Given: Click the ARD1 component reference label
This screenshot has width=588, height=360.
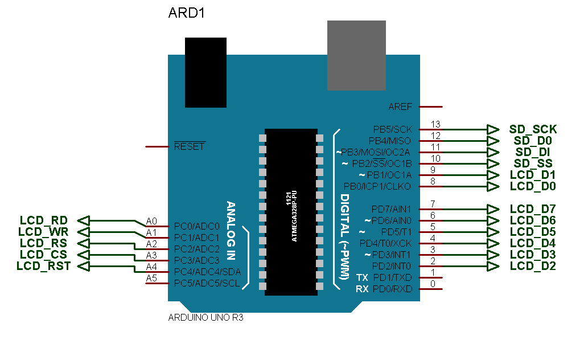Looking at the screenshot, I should click(x=186, y=13).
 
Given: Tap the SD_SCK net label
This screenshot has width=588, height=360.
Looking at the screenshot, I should click(x=533, y=129).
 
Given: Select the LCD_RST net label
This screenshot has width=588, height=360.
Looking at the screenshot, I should click(x=43, y=266).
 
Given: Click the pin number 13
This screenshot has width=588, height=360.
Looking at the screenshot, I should click(x=435, y=124).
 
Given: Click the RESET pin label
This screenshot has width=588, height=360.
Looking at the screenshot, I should click(x=189, y=146).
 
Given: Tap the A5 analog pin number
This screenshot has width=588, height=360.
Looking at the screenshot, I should click(x=151, y=278).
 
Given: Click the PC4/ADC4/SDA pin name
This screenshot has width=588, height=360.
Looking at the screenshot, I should click(x=207, y=272).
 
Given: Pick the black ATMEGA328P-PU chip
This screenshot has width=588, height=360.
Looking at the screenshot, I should click(x=291, y=211).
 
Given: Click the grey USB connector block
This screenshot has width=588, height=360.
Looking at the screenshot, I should click(x=356, y=55).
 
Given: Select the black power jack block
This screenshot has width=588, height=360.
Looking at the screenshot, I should click(x=205, y=72).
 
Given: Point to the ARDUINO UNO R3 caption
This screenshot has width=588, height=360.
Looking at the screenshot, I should click(x=205, y=318).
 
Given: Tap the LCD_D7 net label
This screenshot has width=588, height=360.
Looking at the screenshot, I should click(x=533, y=209).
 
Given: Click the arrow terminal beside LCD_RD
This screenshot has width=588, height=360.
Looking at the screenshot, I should click(x=84, y=220).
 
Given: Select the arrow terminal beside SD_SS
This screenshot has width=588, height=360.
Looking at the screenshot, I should click(x=493, y=163).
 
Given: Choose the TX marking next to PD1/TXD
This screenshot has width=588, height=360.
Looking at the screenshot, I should click(x=362, y=277).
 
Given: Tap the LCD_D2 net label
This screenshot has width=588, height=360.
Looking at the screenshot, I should click(x=533, y=266).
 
